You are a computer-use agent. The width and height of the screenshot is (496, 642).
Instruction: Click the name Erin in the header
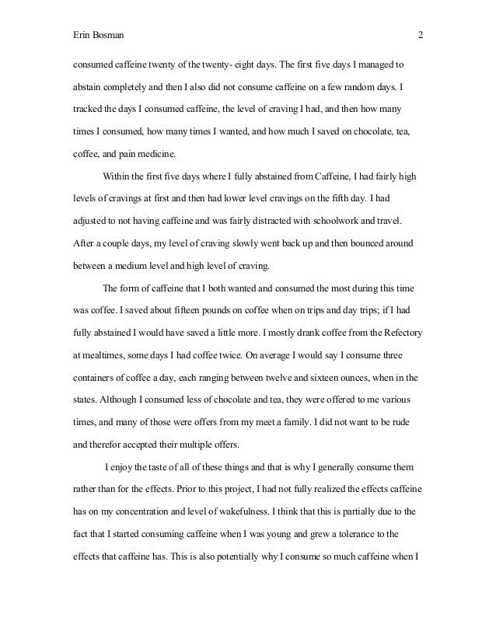click(81, 34)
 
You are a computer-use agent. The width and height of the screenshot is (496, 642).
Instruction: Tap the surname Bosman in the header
click(108, 34)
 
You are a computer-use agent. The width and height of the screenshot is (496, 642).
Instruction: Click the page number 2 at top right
click(420, 34)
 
